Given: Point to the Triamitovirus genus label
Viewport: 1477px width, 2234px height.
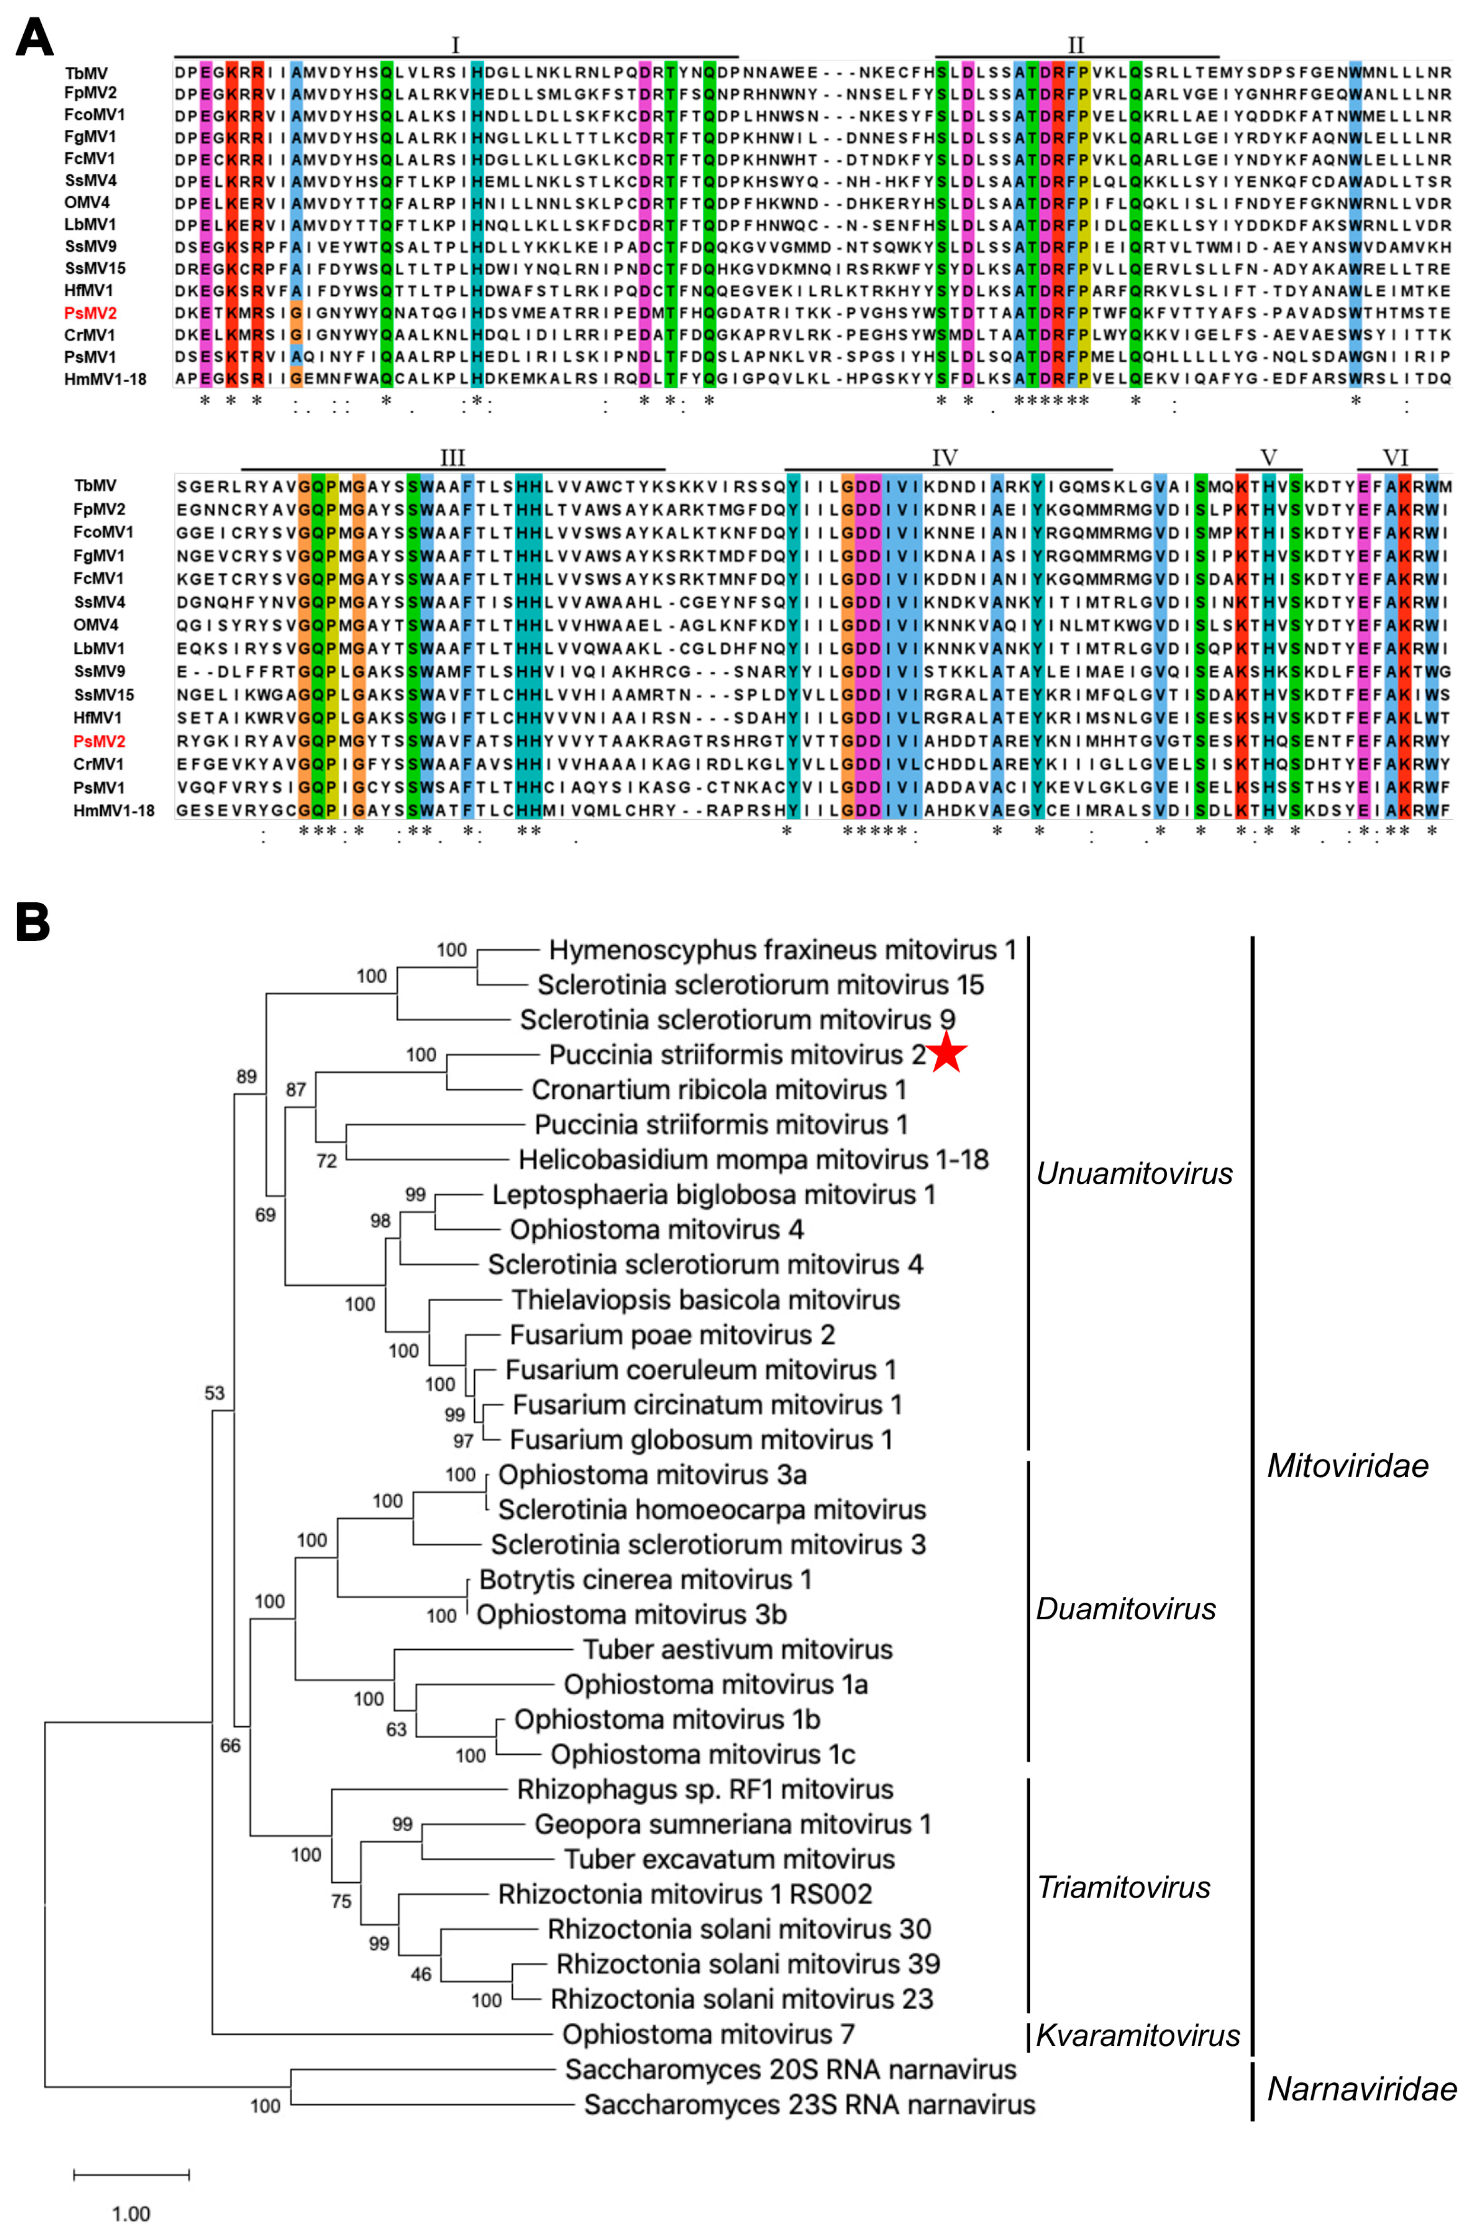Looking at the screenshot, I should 1123,1887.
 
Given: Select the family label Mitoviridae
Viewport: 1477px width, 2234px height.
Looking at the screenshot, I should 1347,1465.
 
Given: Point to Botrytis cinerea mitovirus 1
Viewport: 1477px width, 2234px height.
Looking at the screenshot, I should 645,1579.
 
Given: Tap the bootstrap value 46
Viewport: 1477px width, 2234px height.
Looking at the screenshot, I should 421,1973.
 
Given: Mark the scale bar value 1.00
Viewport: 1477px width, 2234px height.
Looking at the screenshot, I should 131,2213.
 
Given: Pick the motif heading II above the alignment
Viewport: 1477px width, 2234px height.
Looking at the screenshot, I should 1076,45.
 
